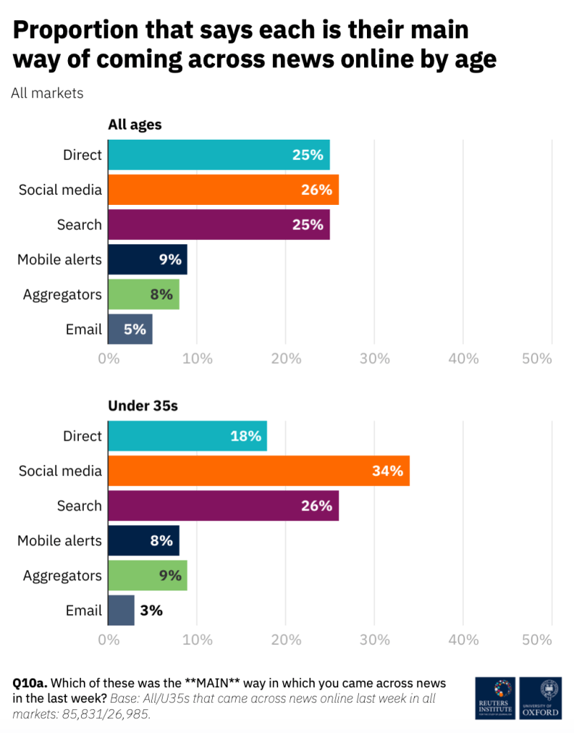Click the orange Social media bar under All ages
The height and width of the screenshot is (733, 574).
point(223,190)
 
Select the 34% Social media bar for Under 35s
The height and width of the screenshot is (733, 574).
point(259,471)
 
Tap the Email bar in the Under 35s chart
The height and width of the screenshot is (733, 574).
point(121,610)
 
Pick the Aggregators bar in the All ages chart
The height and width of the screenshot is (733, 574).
point(143,294)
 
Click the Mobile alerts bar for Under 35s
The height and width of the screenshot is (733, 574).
point(143,540)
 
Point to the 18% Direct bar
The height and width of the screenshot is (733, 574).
point(187,436)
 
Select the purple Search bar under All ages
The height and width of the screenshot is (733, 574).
point(219,225)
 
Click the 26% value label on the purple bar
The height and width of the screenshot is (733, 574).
point(316,506)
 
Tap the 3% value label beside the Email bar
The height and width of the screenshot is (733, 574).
point(151,610)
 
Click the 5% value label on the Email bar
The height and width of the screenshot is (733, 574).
point(135,330)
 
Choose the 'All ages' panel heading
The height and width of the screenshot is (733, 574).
point(135,125)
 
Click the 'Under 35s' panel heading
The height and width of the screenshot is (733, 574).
point(143,406)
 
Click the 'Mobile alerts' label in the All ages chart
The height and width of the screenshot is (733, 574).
point(59,259)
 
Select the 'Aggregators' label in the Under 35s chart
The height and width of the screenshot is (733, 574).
point(62,575)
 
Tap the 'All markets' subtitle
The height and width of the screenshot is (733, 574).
point(47,93)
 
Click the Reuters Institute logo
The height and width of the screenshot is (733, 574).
point(494,699)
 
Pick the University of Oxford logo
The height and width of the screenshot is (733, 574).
point(540,699)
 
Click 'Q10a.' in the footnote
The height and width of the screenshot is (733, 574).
point(30,683)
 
